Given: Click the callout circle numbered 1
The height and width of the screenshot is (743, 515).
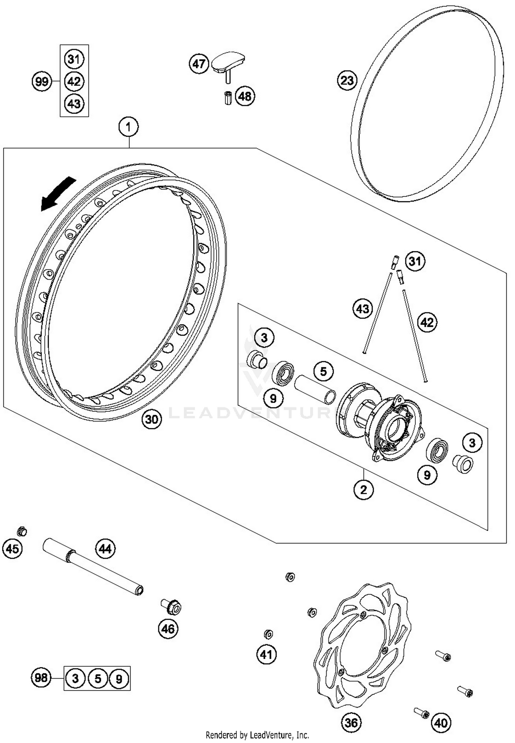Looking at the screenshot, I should (x=128, y=127).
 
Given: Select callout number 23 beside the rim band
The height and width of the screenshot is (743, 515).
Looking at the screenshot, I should (x=347, y=80).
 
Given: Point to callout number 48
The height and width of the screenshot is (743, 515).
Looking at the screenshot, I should (x=245, y=96).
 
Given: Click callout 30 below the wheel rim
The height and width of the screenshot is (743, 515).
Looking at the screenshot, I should (x=152, y=419).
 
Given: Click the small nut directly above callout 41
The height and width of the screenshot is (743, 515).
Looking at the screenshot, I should (x=268, y=634).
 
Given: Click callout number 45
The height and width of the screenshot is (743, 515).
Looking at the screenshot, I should (x=12, y=548).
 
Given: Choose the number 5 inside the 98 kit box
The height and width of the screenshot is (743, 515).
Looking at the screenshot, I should (x=98, y=678).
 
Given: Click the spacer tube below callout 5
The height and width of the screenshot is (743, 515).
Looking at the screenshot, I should (x=315, y=389).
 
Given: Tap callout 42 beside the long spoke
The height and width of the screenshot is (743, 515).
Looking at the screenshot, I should (x=427, y=322).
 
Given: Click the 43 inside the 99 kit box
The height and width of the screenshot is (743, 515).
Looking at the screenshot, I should (x=74, y=103).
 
